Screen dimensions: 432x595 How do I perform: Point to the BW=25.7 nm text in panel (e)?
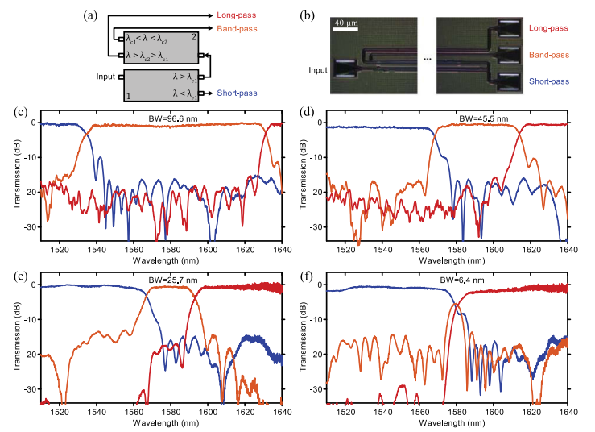[174, 280]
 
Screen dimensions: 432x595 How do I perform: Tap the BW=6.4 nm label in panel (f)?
[463, 280]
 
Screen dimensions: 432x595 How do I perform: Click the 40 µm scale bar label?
[347, 23]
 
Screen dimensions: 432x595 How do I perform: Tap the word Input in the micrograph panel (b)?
[317, 70]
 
